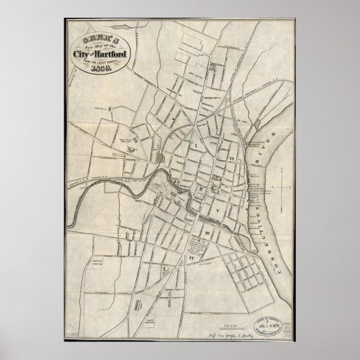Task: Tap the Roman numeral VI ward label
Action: [x=230, y=159]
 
